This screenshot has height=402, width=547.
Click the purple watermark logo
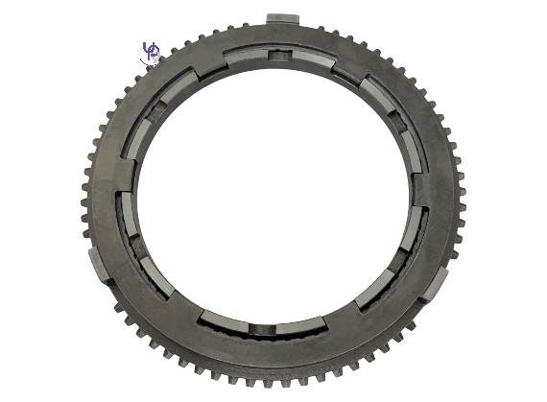[151, 53]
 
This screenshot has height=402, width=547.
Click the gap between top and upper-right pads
[347, 68]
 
